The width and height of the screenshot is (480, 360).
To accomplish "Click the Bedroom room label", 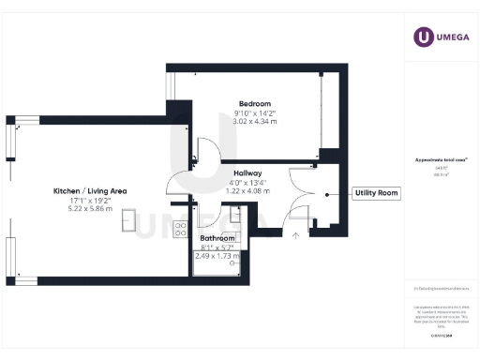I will (254, 103).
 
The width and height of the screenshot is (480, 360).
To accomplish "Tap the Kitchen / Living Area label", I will (91, 191).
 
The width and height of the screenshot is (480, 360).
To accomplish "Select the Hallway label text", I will (247, 173).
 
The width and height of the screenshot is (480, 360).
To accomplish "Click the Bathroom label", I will (217, 239).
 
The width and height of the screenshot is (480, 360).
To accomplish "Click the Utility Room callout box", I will (376, 194).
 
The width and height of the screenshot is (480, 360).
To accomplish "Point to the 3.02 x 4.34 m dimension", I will (254, 121).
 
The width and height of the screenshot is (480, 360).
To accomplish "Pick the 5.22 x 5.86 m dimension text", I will (91, 208).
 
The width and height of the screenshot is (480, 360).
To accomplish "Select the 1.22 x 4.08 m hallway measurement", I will (247, 190).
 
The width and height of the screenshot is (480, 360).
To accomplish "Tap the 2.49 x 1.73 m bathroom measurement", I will (217, 256).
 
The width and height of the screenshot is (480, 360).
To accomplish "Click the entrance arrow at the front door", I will (299, 236).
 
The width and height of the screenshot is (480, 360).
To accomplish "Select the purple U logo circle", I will (427, 37).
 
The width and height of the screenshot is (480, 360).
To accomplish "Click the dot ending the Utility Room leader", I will (327, 194).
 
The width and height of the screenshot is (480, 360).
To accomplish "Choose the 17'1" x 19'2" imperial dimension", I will (91, 200).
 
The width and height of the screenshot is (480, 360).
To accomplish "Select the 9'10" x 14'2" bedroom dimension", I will (254, 112).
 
